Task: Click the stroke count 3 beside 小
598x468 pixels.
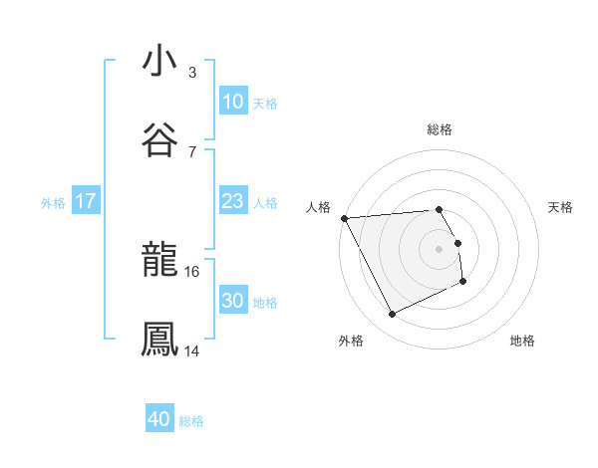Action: pyautogui.click(x=192, y=72)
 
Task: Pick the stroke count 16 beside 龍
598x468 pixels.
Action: pyautogui.click(x=193, y=271)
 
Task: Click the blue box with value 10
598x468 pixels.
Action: pyautogui.click(x=232, y=102)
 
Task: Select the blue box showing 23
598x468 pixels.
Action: pyautogui.click(x=232, y=201)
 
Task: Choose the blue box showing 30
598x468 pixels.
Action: pyautogui.click(x=232, y=301)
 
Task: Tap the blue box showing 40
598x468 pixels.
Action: pyautogui.click(x=159, y=420)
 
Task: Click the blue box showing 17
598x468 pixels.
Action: pyautogui.click(x=86, y=201)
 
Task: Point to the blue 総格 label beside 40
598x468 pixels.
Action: pyautogui.click(x=191, y=421)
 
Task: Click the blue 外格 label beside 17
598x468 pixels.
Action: pyautogui.click(x=53, y=202)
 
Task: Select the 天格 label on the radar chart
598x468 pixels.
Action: pyautogui.click(x=560, y=207)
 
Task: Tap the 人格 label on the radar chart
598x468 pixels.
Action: pyautogui.click(x=319, y=207)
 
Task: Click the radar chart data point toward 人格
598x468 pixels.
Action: pyautogui.click(x=344, y=218)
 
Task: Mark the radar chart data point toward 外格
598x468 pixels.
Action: pyautogui.click(x=392, y=315)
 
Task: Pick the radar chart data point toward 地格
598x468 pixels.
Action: pyautogui.click(x=463, y=283)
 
